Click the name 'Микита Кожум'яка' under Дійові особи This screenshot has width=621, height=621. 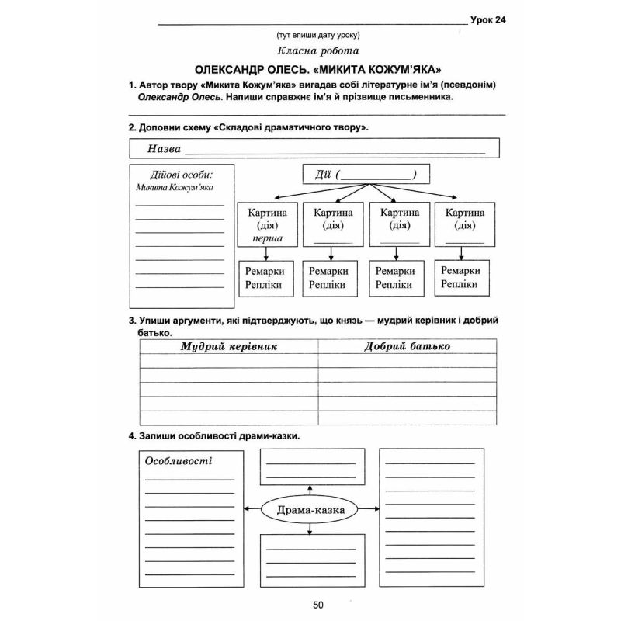[174, 187]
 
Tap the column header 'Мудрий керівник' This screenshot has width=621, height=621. [229, 346]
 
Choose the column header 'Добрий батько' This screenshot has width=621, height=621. [407, 346]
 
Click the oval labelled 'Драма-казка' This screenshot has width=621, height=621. [309, 509]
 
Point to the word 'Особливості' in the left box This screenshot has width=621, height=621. [179, 460]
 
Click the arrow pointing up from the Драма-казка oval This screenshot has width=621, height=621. [310, 489]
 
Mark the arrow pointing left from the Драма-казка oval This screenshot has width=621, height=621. [249, 509]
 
